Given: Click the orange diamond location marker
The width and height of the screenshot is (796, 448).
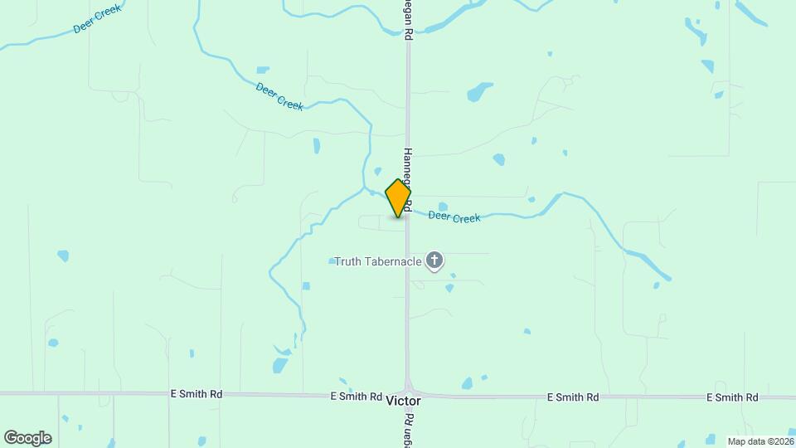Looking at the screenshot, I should pyautogui.click(x=399, y=198).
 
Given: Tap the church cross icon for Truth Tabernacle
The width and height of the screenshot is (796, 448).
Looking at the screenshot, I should pyautogui.click(x=434, y=261).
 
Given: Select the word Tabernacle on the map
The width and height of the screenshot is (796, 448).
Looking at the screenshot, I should pyautogui.click(x=395, y=262).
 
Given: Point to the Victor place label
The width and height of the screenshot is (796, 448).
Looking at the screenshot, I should pyautogui.click(x=404, y=401).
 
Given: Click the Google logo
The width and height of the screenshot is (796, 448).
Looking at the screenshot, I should pyautogui.click(x=27, y=438).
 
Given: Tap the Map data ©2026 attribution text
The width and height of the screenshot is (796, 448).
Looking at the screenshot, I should pyautogui.click(x=760, y=441).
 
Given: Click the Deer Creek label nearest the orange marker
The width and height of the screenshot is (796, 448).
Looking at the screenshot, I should pyautogui.click(x=454, y=217).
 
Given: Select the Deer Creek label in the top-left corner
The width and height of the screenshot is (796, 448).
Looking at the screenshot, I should pyautogui.click(x=97, y=18).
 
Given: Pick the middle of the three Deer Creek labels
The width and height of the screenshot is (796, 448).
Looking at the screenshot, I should pyautogui.click(x=279, y=96).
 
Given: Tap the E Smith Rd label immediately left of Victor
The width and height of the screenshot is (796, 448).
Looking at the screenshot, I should pyautogui.click(x=356, y=397).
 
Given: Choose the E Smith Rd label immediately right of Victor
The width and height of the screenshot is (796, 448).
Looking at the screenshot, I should pyautogui.click(x=573, y=397).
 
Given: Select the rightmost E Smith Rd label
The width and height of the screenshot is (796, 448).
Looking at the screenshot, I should pyautogui.click(x=732, y=397).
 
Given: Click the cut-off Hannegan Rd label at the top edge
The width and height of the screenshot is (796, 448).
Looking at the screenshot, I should pyautogui.click(x=408, y=21).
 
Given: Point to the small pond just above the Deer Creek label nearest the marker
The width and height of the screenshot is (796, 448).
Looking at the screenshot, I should pyautogui.click(x=443, y=207).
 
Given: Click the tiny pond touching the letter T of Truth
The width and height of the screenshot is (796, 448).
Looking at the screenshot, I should pyautogui.click(x=332, y=261).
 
